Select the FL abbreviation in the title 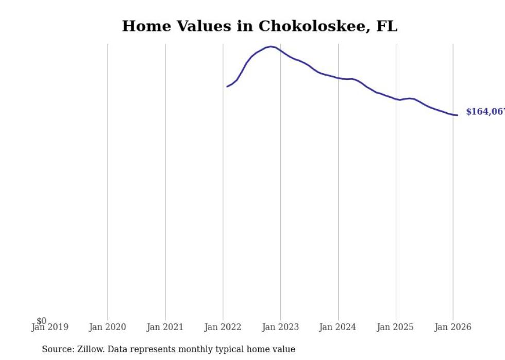[386, 27]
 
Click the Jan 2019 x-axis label [49, 328]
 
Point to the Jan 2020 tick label [107, 328]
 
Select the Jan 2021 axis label [165, 328]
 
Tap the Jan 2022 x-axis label [223, 328]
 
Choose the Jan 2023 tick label [280, 328]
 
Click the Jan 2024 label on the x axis [338, 328]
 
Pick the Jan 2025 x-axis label [395, 328]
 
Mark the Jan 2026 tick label [453, 328]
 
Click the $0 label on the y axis [41, 321]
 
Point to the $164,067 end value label [485, 112]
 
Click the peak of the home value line [271, 47]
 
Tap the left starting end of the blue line [227, 87]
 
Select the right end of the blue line [457, 115]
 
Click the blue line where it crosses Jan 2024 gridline [338, 78]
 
